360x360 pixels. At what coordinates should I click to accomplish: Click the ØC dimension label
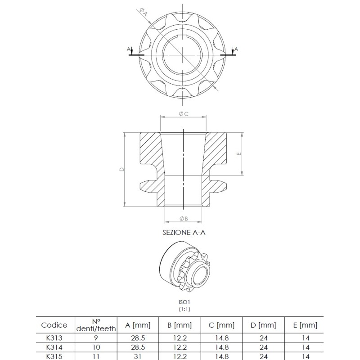[183, 114]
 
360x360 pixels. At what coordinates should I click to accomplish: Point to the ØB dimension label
[183, 218]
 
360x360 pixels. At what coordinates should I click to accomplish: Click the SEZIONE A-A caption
[183, 233]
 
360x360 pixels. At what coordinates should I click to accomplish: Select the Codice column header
[54, 325]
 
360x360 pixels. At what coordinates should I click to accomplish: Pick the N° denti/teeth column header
[94, 325]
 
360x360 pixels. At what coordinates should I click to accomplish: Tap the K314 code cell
[54, 347]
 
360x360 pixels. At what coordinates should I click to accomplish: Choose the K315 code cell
[54, 355]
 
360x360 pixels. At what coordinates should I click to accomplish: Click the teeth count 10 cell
[94, 347]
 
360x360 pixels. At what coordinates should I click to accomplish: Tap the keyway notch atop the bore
[183, 36]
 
